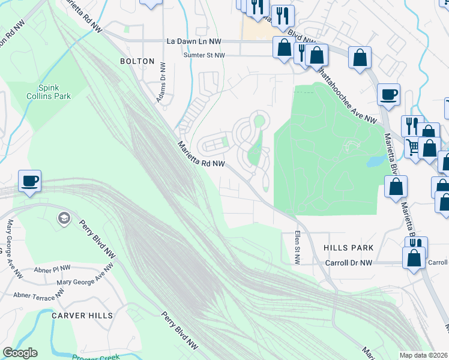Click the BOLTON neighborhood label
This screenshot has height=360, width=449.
137,61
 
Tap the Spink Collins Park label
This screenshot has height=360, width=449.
48,92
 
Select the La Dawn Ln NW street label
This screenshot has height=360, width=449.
194,41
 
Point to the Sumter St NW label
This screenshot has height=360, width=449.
205,55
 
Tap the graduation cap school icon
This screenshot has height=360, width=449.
63,217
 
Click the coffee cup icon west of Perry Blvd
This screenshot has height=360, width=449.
29,180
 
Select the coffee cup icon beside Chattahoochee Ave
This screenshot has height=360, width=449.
388,94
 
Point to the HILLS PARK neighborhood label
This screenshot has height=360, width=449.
348,248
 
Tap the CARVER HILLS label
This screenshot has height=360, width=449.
82,316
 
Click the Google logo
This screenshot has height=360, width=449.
20,353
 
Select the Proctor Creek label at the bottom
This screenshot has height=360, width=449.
96,356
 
